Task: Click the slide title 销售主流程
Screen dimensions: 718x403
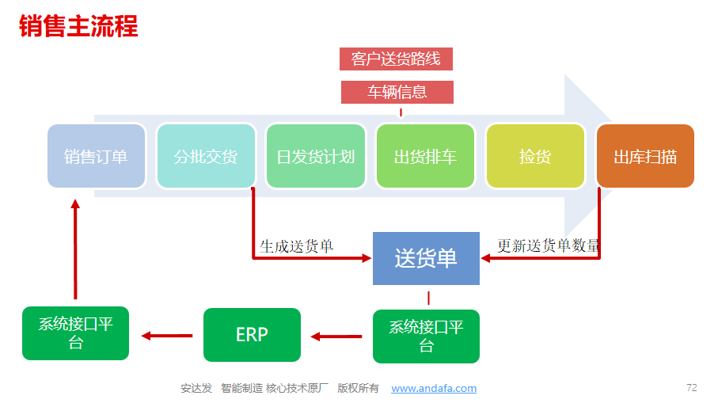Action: (x=78, y=25)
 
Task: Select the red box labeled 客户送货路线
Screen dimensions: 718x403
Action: (x=396, y=59)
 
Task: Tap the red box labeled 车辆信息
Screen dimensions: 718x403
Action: (x=397, y=92)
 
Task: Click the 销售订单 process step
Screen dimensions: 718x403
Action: (x=96, y=156)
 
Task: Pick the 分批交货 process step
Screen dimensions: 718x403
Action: (x=206, y=156)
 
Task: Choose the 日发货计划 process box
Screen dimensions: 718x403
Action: (x=316, y=156)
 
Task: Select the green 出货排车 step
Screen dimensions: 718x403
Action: (x=425, y=156)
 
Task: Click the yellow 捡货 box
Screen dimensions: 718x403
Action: (x=535, y=156)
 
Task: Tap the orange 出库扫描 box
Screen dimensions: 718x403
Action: (x=645, y=156)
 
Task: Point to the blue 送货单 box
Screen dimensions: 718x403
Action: (x=427, y=258)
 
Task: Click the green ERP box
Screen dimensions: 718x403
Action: (x=252, y=335)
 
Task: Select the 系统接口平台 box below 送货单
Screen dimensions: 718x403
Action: (x=427, y=336)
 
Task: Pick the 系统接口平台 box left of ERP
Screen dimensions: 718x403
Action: (x=75, y=333)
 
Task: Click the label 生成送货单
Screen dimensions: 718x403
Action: (x=296, y=246)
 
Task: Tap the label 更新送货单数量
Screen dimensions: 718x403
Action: (x=549, y=245)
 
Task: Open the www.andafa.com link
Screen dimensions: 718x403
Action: (x=434, y=388)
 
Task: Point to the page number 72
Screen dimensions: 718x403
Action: (x=691, y=388)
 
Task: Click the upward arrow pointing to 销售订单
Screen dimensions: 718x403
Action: (x=75, y=249)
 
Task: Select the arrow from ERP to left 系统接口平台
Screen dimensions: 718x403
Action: (x=167, y=336)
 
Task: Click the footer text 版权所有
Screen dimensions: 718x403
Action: (x=358, y=388)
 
